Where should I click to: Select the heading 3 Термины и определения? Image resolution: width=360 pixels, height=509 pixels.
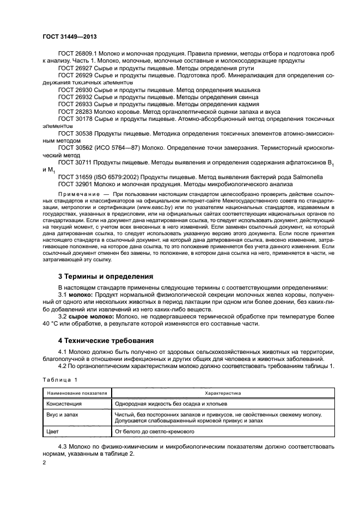pyautogui.click(x=106, y=276)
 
